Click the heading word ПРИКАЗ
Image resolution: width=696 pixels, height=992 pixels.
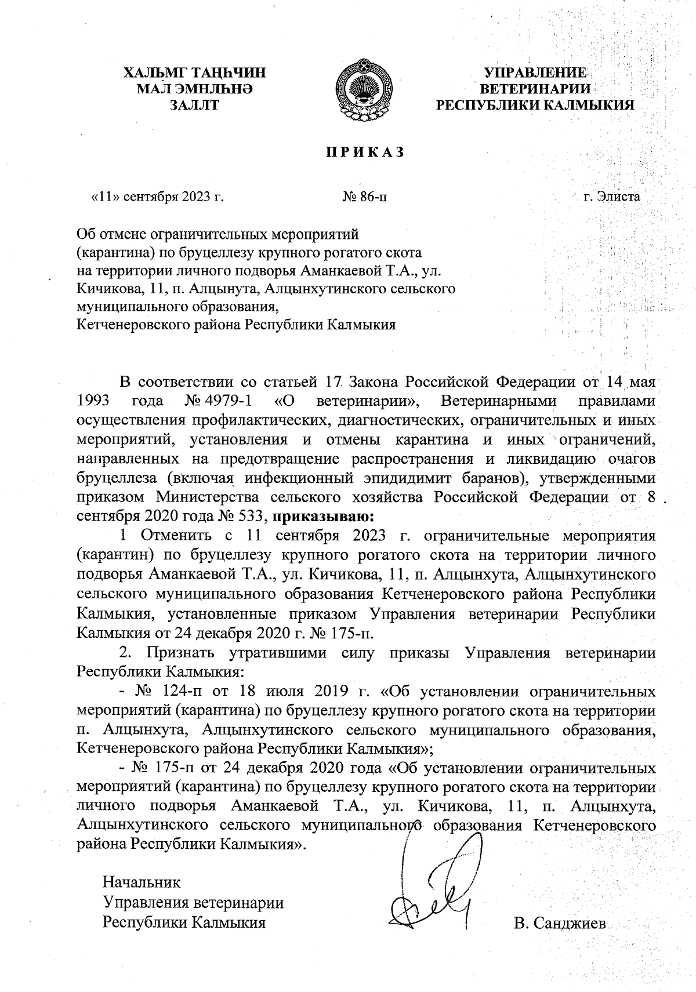(x=363, y=152)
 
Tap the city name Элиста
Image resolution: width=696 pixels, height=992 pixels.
(x=620, y=197)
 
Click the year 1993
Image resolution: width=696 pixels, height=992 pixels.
(x=95, y=401)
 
